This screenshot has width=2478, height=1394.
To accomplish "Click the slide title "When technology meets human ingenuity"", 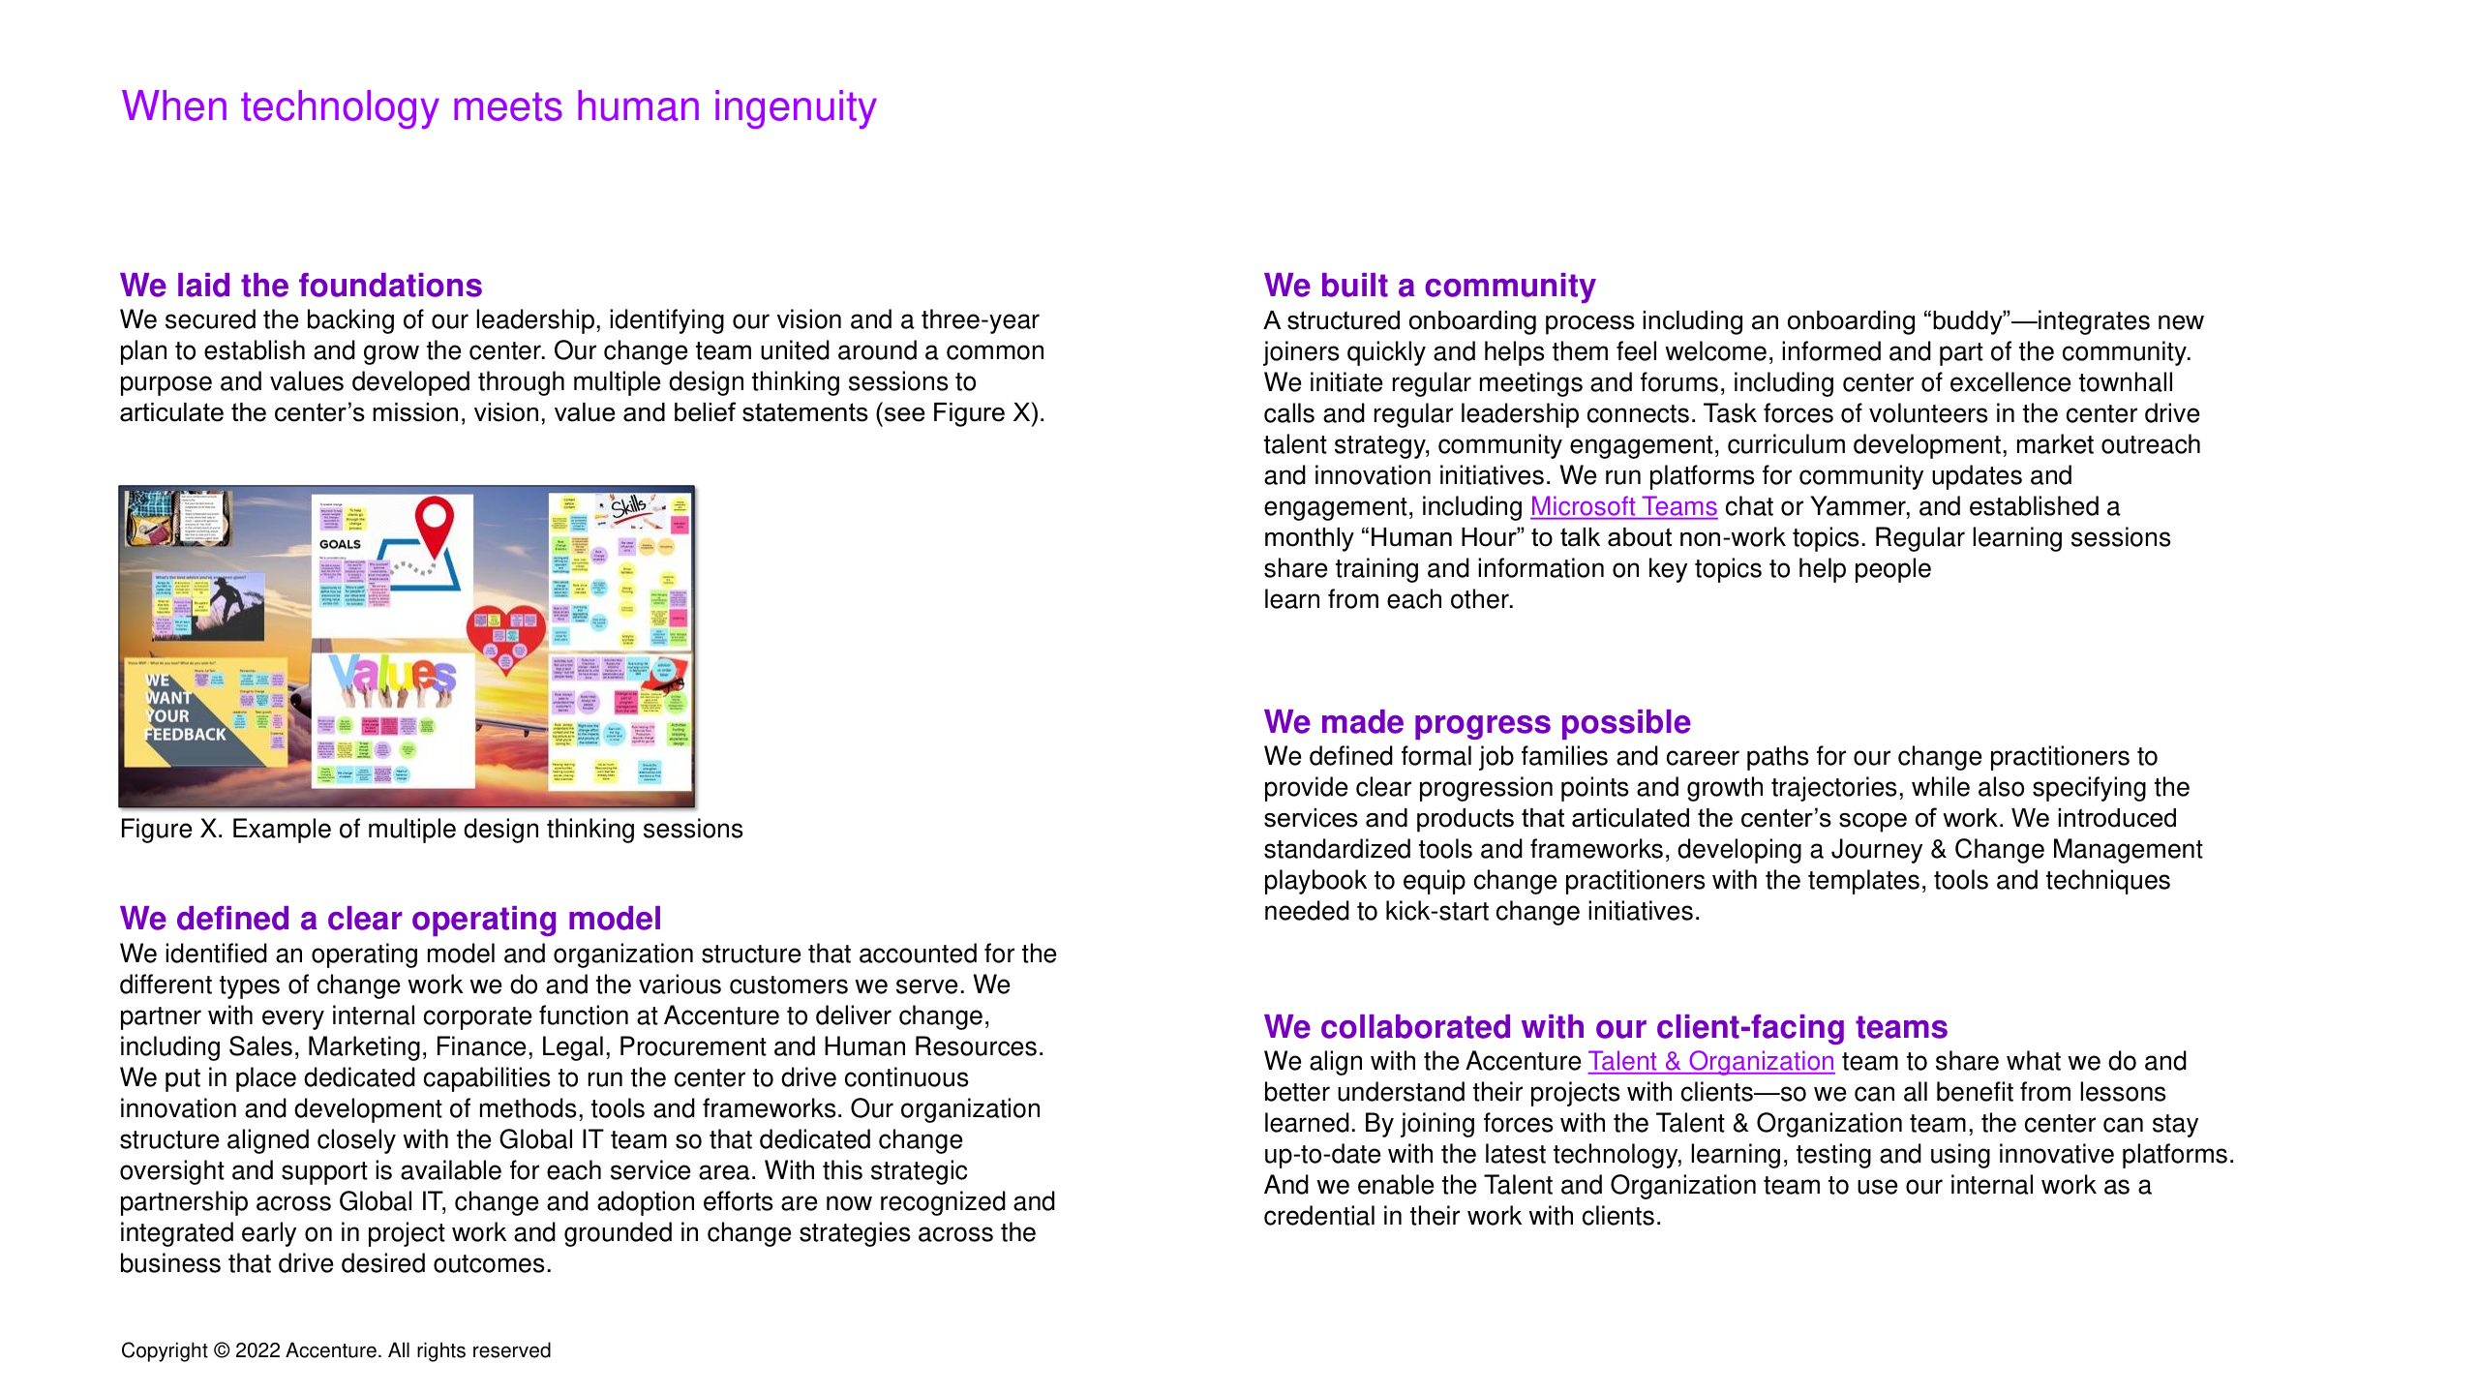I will tap(499, 106).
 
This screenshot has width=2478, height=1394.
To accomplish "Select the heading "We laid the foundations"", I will tap(301, 286).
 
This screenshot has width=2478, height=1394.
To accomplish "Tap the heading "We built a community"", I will tap(1429, 286).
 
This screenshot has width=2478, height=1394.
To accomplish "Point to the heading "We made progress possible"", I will tap(1477, 722).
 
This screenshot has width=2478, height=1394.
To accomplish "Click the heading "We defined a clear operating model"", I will tap(390, 919).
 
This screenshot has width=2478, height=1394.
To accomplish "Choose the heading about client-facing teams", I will tap(1605, 1027).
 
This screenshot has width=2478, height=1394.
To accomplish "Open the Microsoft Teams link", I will tap(1623, 507).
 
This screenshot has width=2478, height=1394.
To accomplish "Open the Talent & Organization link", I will tap(1710, 1062).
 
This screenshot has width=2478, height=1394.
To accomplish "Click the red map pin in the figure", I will tap(435, 524).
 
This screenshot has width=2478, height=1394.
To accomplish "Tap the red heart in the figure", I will tap(506, 634).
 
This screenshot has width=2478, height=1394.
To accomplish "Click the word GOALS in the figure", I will tap(340, 544).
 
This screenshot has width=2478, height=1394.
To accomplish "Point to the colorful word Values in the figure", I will tap(392, 676).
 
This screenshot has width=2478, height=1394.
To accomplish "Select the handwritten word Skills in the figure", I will tap(628, 506).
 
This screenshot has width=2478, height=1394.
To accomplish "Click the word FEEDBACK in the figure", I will tap(186, 735).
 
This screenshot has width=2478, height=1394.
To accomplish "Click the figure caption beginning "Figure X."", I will tap(431, 830).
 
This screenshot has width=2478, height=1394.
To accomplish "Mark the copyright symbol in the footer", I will tap(222, 1351).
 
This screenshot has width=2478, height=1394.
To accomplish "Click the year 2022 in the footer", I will tap(257, 1351).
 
